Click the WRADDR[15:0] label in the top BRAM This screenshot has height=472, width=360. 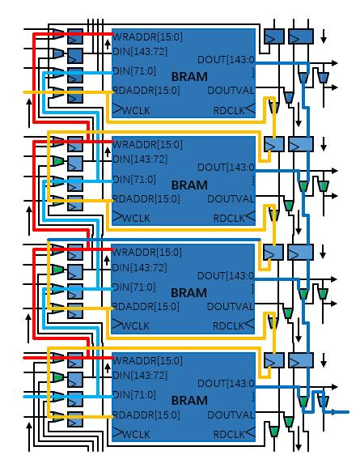147,37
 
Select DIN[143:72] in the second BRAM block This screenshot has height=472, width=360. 140,159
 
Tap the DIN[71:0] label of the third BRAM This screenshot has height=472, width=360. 134,287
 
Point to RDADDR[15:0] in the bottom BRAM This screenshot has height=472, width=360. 146,415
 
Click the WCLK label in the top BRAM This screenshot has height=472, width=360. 136,110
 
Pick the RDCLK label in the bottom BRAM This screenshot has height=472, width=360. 229,434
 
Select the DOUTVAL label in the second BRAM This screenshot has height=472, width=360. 231,198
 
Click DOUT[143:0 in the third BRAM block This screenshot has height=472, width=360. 226,275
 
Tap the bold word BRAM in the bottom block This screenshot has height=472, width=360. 189,401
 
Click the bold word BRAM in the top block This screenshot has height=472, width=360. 189,76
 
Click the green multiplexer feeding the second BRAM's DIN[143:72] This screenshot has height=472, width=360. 58,161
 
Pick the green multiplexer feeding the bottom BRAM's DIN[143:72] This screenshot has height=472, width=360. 58,377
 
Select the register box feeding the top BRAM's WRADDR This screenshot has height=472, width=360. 75,36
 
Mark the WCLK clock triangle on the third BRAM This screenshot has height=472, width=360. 116,324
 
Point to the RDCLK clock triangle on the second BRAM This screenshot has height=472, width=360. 250,216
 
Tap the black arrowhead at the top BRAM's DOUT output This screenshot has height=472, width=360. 334,63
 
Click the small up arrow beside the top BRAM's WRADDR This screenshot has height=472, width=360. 108,45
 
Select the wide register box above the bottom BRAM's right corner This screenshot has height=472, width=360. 301,360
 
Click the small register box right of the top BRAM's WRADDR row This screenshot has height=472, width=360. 274,36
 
